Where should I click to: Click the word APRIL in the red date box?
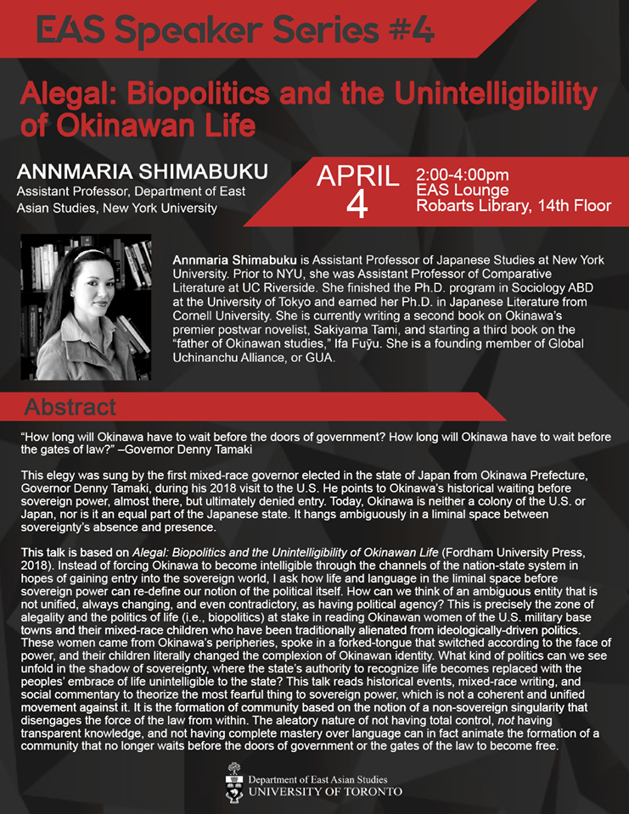click(357, 176)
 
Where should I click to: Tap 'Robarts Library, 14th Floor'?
click(514, 206)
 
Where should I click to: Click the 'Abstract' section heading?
click(70, 408)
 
